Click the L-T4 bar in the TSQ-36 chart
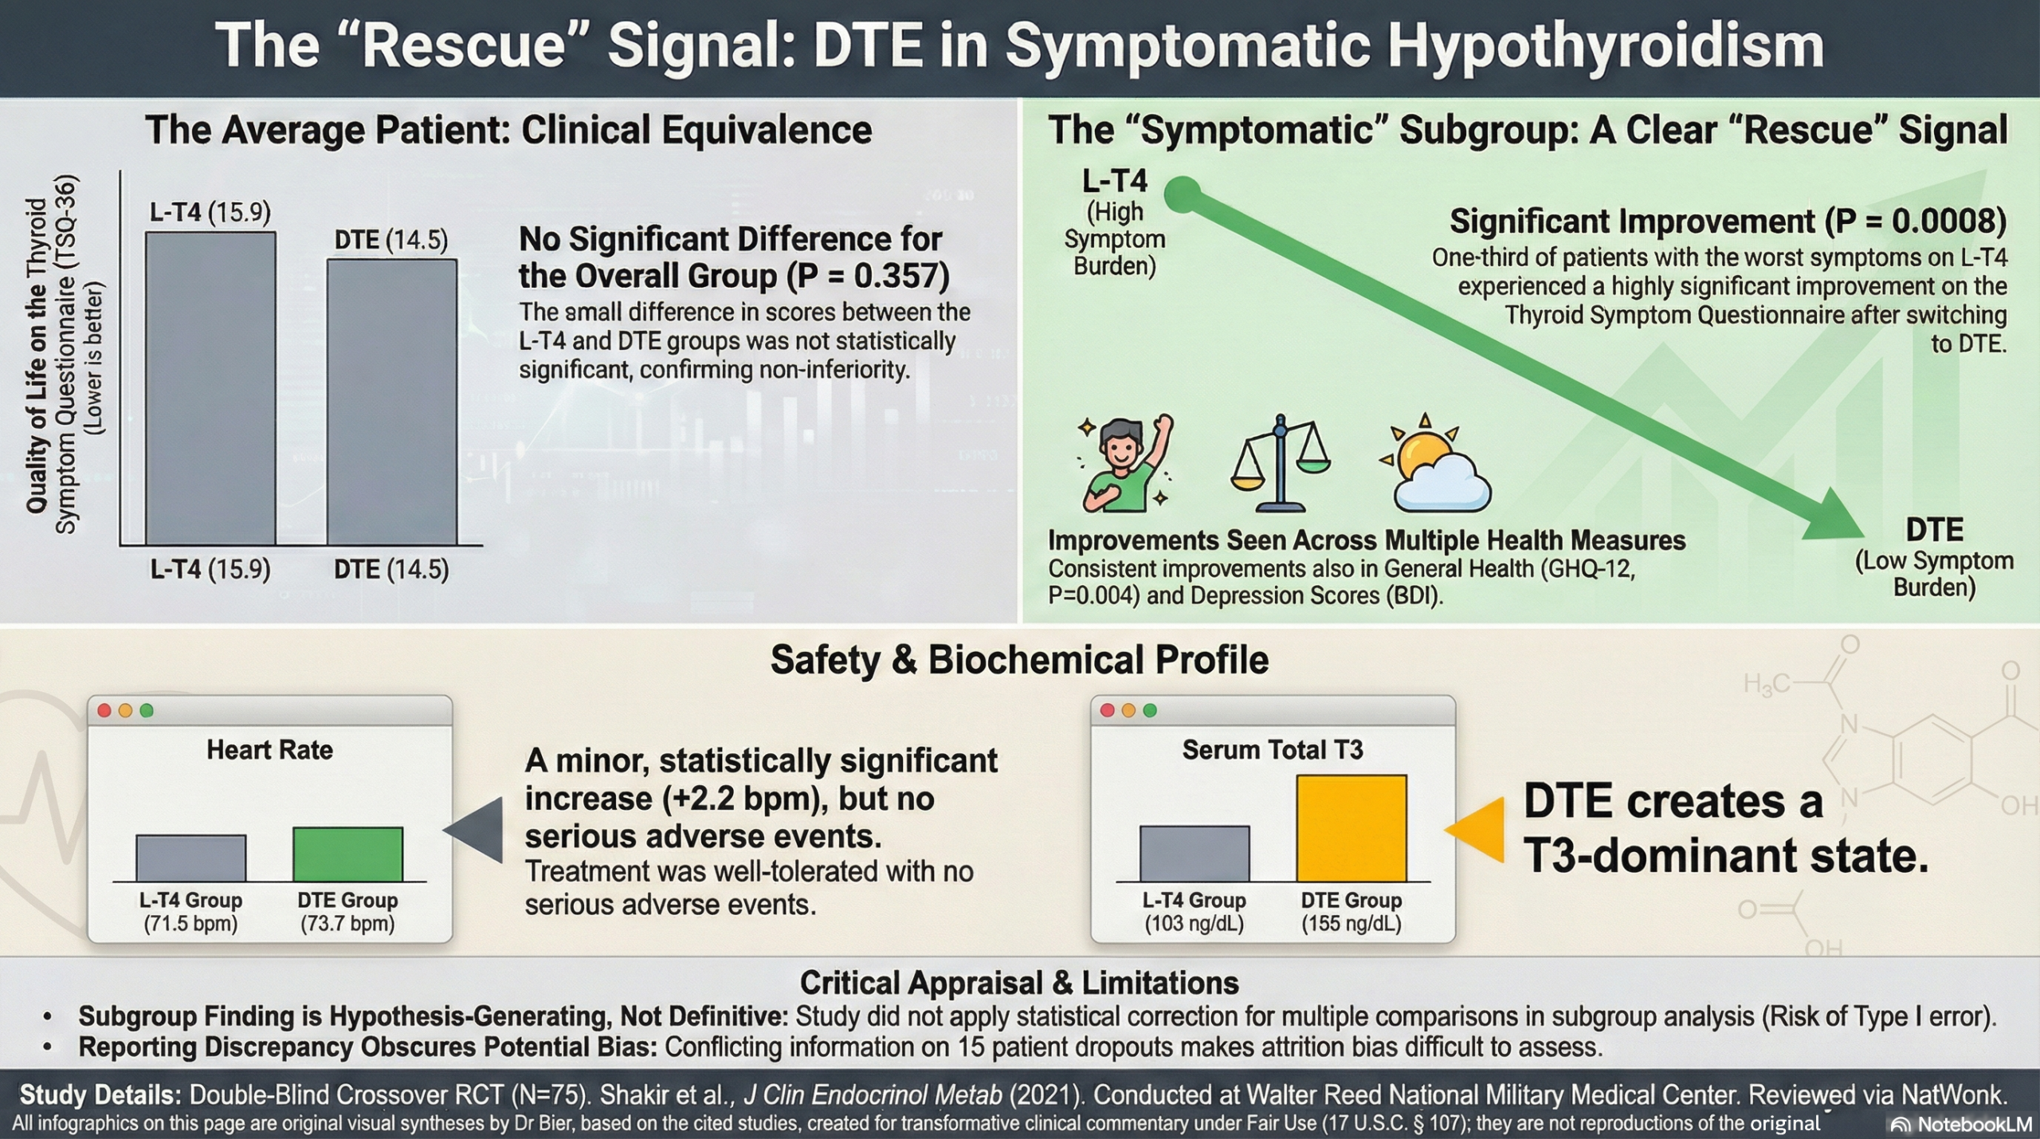[x=210, y=388]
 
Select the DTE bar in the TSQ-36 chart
[x=392, y=403]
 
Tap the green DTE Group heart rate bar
[x=347, y=854]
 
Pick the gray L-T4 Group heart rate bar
[x=190, y=858]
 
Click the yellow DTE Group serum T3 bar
[x=1351, y=828]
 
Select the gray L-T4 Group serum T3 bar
[x=1195, y=854]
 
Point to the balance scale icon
[x=1281, y=463]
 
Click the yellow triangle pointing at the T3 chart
[x=1475, y=830]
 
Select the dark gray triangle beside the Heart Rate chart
[x=474, y=830]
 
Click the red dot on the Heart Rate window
[x=104, y=710]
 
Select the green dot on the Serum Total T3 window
[x=1149, y=710]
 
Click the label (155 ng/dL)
[x=1351, y=924]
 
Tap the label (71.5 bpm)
[x=190, y=924]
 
